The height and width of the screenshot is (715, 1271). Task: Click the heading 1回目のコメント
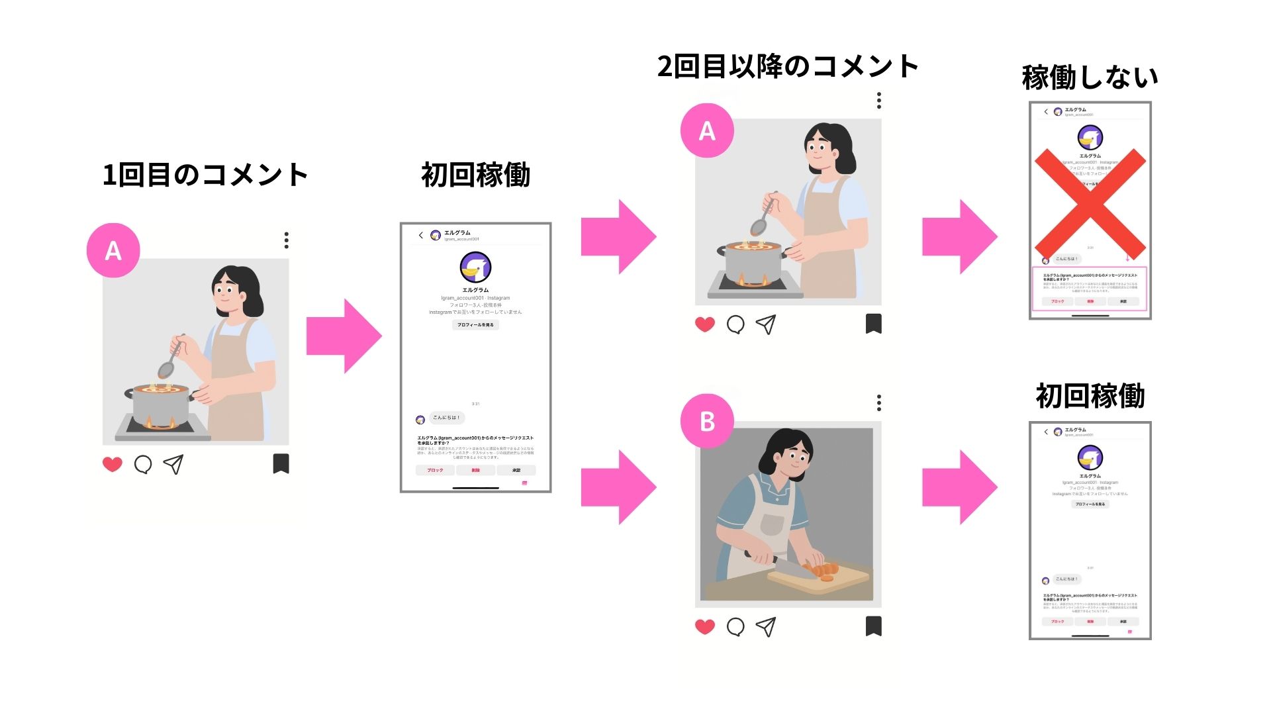click(205, 175)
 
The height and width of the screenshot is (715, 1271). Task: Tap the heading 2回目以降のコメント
click(788, 67)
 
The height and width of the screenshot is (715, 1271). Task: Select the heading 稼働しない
click(1090, 78)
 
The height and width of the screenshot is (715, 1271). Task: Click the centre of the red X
click(1090, 204)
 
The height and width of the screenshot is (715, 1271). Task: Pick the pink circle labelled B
click(707, 421)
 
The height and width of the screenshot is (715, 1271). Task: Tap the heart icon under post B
click(705, 626)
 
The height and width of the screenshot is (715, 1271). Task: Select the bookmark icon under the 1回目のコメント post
click(281, 463)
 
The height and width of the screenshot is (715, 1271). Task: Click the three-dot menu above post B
click(878, 403)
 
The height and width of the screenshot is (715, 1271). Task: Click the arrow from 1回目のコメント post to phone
click(344, 336)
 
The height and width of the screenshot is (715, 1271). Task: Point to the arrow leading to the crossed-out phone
click(959, 236)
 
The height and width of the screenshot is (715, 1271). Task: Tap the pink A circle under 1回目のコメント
click(113, 250)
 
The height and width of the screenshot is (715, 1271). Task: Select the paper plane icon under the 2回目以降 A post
click(766, 324)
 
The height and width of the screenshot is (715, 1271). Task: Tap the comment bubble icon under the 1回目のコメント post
click(143, 464)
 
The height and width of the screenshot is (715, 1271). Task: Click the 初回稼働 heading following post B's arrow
click(1090, 397)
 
